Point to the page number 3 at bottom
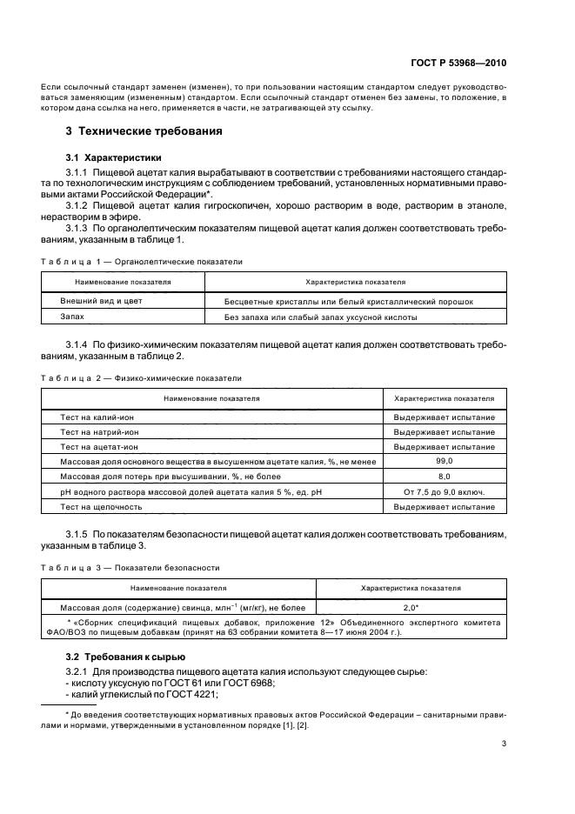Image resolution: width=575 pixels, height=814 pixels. coord(505,743)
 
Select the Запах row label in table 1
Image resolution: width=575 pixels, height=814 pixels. coord(72,317)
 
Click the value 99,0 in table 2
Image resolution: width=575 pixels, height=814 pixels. coord(445,461)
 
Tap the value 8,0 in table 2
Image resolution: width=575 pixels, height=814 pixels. coord(445,476)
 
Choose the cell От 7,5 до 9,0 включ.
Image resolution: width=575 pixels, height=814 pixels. coord(445,491)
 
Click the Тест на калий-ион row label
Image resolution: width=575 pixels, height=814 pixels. coord(97,417)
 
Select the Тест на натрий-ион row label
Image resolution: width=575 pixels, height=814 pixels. coord(99,431)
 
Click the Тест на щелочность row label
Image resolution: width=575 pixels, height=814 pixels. coord(101,506)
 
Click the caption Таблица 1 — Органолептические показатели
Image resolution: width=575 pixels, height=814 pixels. coord(141,261)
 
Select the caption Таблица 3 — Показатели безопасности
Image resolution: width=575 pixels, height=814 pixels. coord(130,567)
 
